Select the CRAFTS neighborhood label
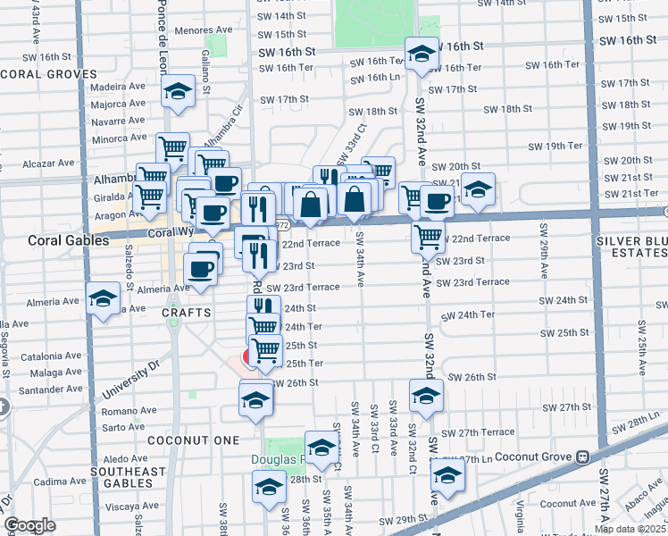pyautogui.click(x=186, y=313)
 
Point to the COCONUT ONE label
pyautogui.click(x=183, y=440)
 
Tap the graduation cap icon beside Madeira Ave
pyautogui.click(x=179, y=92)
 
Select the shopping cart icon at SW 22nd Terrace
pyautogui.click(x=429, y=237)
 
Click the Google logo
pyautogui.click(x=29, y=525)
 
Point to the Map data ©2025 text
pyautogui.click(x=629, y=529)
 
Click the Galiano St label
pyautogui.click(x=205, y=72)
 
